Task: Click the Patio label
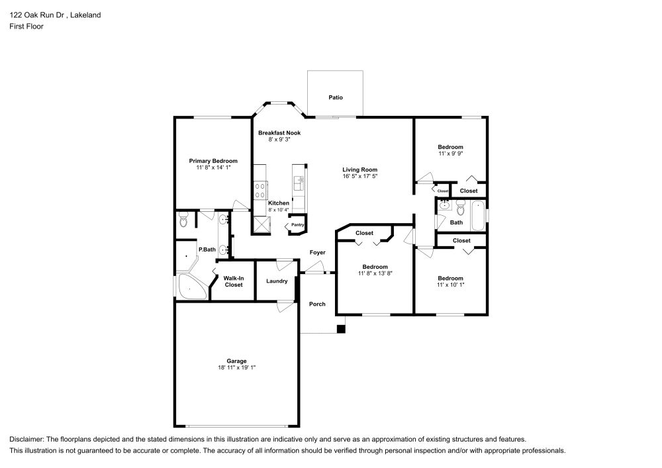click(336, 97)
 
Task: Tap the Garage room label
click(236, 361)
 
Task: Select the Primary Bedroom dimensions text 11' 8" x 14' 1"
click(213, 167)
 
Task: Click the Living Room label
click(359, 169)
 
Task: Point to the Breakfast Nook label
click(279, 132)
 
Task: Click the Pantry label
click(297, 225)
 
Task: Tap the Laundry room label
click(277, 281)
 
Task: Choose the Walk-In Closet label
click(234, 281)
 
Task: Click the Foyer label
click(318, 252)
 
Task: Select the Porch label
click(317, 304)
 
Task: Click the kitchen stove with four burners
click(260, 190)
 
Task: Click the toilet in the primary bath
click(183, 220)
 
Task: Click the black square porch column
click(341, 329)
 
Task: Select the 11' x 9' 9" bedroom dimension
click(450, 154)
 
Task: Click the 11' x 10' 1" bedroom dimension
click(450, 285)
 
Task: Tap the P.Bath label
click(207, 250)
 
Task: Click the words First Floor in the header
click(26, 26)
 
